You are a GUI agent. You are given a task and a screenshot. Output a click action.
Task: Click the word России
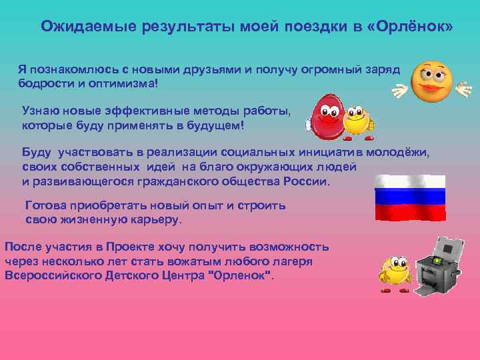tap(306, 181)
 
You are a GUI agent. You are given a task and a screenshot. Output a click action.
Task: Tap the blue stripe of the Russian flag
tap(410, 196)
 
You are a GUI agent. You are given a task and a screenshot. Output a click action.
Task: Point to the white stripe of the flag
tap(410, 181)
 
